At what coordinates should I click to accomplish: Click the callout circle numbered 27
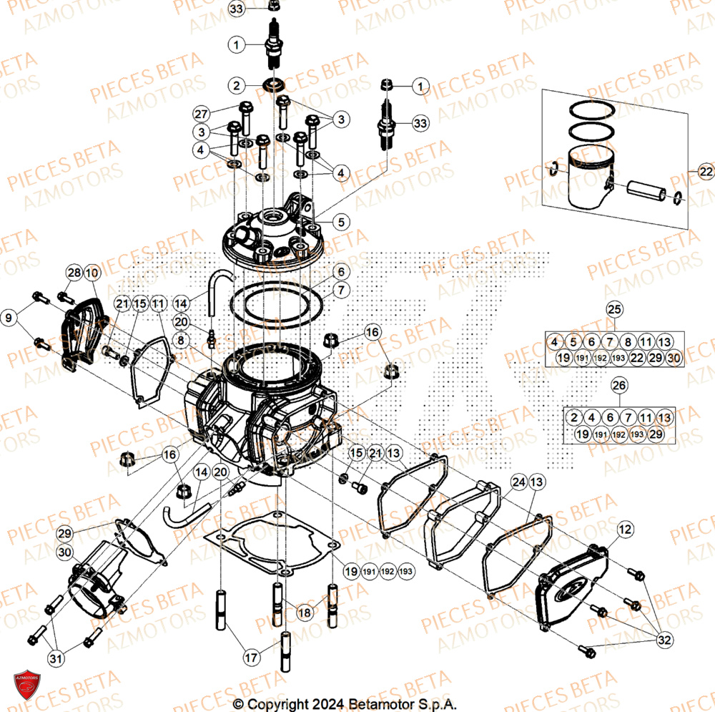point(201,114)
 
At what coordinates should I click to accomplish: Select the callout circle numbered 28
point(74,273)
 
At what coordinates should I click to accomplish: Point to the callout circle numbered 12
point(625,530)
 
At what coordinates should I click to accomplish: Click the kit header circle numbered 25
point(615,309)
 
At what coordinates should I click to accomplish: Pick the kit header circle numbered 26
point(619,386)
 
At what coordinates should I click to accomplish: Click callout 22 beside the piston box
point(706,172)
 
